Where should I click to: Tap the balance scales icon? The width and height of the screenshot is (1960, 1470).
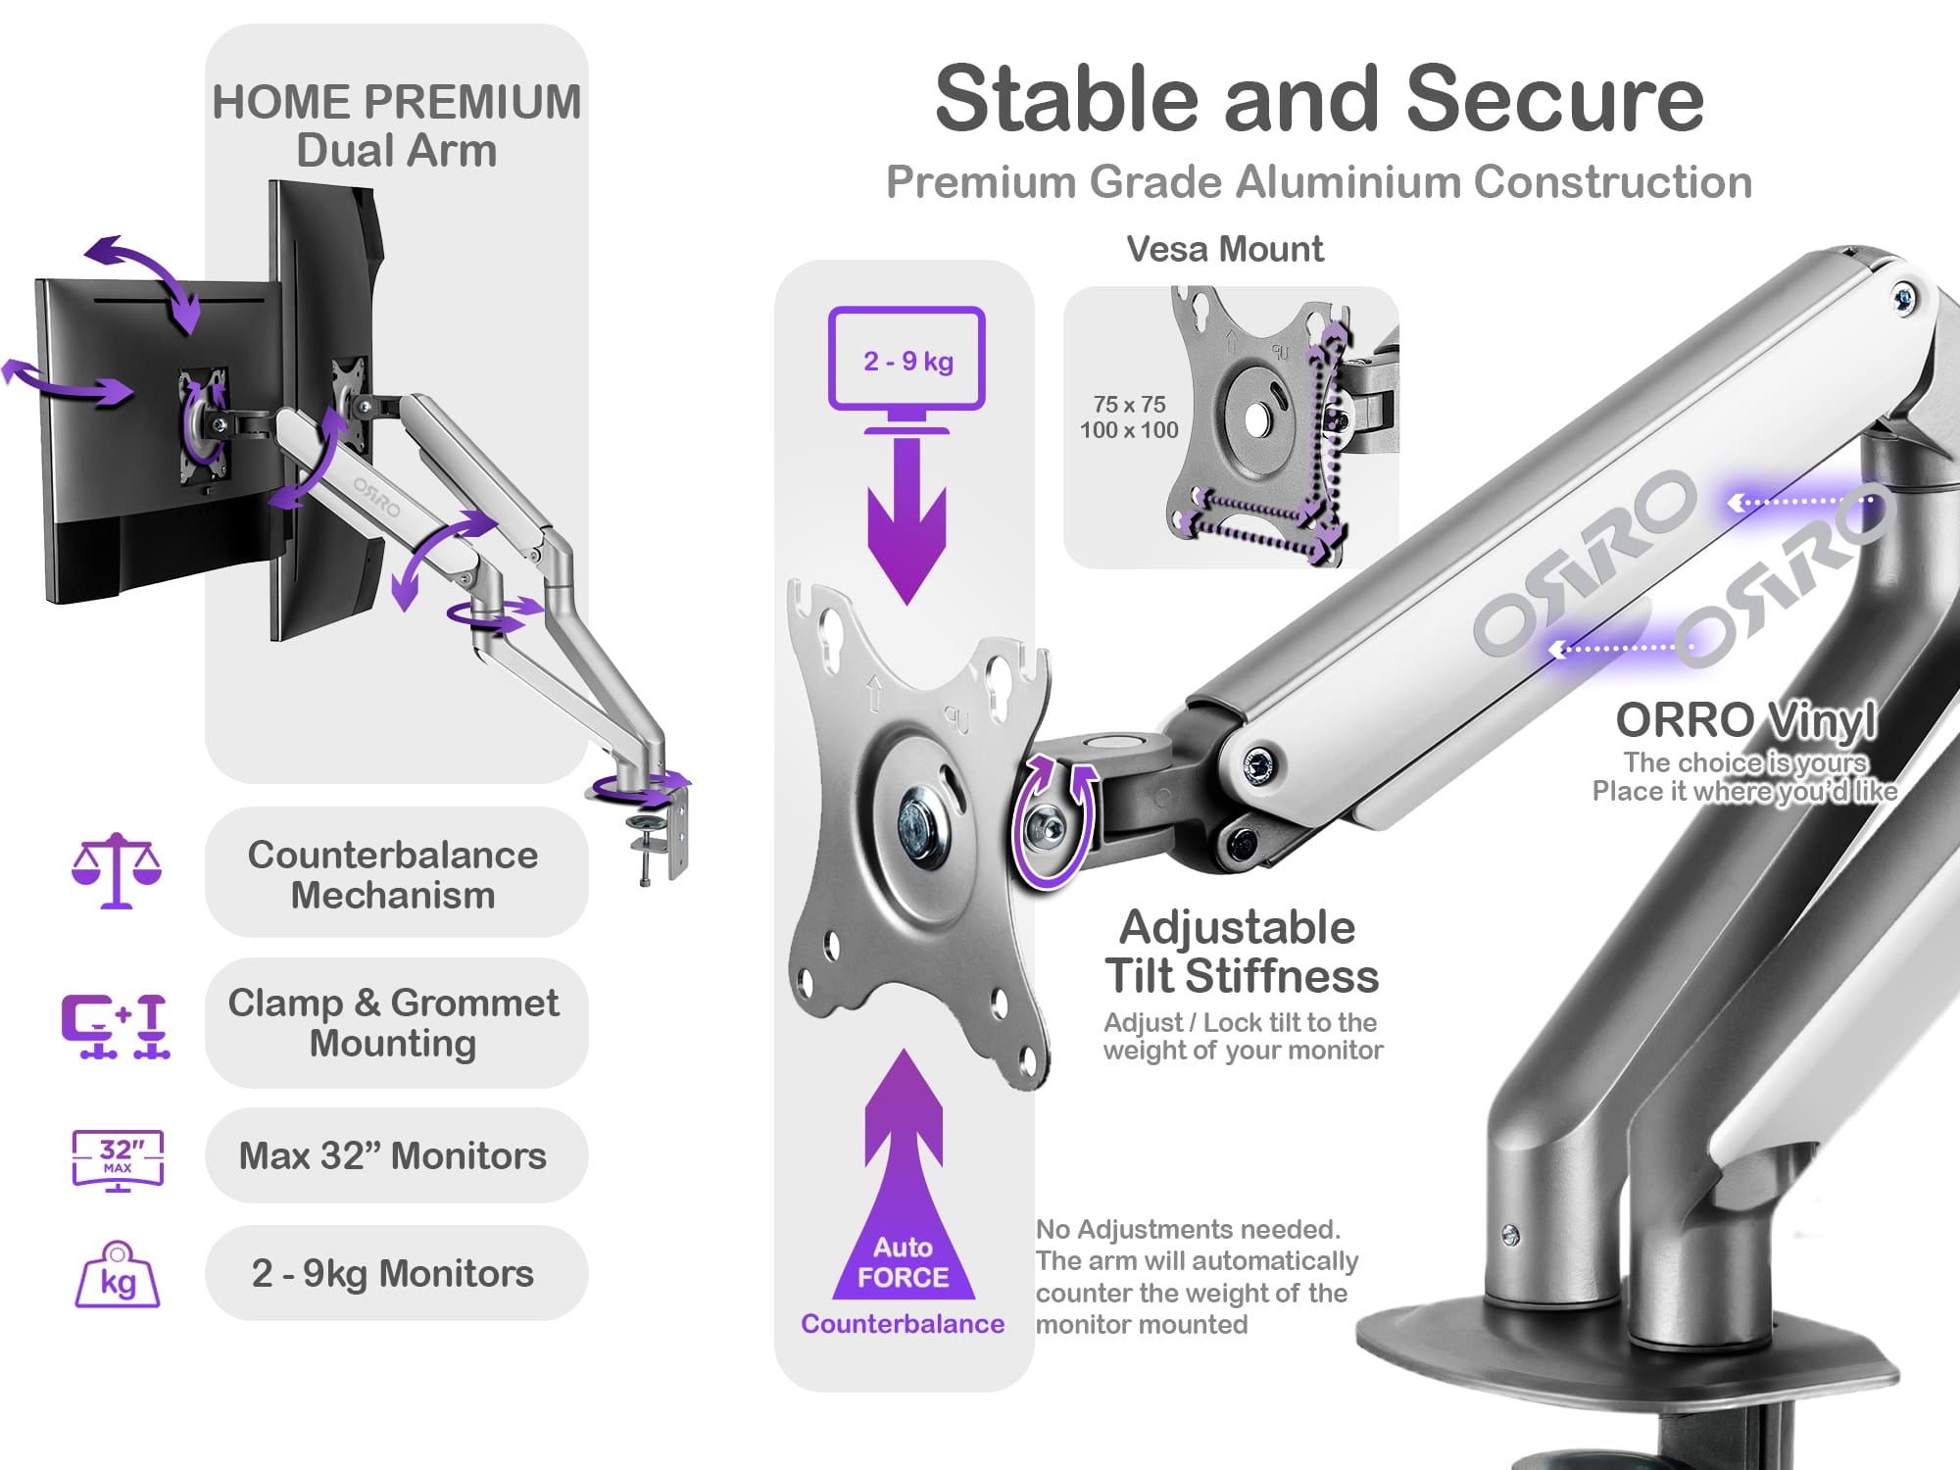pyautogui.click(x=117, y=870)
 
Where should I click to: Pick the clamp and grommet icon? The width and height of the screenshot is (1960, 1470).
pyautogui.click(x=116, y=1026)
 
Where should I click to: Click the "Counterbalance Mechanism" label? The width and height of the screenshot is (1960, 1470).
pyautogui.click(x=393, y=874)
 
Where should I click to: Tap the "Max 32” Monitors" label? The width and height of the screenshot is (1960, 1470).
pyautogui.click(x=393, y=1156)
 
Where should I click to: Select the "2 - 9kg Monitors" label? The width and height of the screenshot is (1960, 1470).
pyautogui.click(x=393, y=1273)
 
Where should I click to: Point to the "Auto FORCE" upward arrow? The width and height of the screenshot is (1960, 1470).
pyautogui.click(x=904, y=1176)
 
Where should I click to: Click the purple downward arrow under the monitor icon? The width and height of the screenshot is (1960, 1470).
pyautogui.click(x=906, y=519)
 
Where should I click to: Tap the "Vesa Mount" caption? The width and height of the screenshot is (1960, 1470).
pyautogui.click(x=1225, y=249)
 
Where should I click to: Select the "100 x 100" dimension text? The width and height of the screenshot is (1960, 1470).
pyautogui.click(x=1129, y=430)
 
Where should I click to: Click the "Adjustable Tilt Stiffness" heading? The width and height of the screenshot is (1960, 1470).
pyautogui.click(x=1242, y=951)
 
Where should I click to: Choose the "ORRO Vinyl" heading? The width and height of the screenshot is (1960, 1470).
pyautogui.click(x=1746, y=720)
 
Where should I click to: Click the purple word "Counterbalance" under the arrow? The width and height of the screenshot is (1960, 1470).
pyautogui.click(x=903, y=1324)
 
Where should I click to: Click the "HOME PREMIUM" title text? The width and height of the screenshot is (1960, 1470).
pyautogui.click(x=397, y=102)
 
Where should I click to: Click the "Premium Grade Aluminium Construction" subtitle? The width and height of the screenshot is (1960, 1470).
pyautogui.click(x=1319, y=182)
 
